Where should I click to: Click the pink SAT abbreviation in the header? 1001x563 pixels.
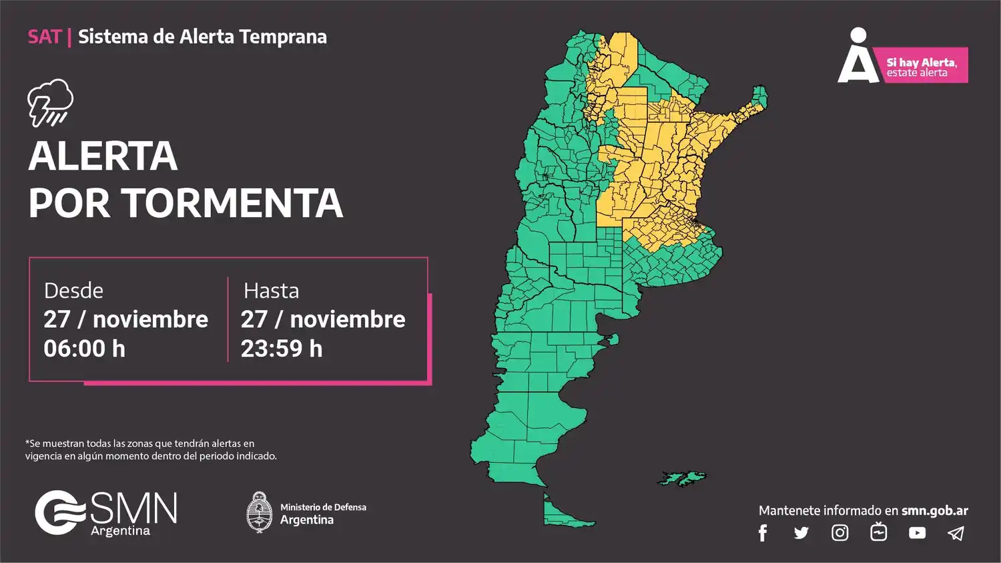[45, 37]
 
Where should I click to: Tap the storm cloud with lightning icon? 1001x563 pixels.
[51, 102]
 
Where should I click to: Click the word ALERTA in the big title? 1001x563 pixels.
[103, 156]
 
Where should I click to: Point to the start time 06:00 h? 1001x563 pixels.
[84, 349]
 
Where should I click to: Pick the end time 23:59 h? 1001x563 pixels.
[282, 349]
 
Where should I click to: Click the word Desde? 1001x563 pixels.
[73, 291]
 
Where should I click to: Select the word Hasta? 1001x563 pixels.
[271, 291]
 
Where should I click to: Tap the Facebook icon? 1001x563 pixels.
[763, 533]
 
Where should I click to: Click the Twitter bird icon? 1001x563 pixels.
[801, 533]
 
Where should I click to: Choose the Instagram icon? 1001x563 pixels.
[840, 533]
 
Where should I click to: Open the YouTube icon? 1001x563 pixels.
[917, 533]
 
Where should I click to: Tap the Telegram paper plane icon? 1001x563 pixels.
[956, 533]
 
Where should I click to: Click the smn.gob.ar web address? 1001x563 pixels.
[934, 511]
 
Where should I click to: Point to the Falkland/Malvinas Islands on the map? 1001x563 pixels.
[681, 478]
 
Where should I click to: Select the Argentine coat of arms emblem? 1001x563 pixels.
[259, 512]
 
